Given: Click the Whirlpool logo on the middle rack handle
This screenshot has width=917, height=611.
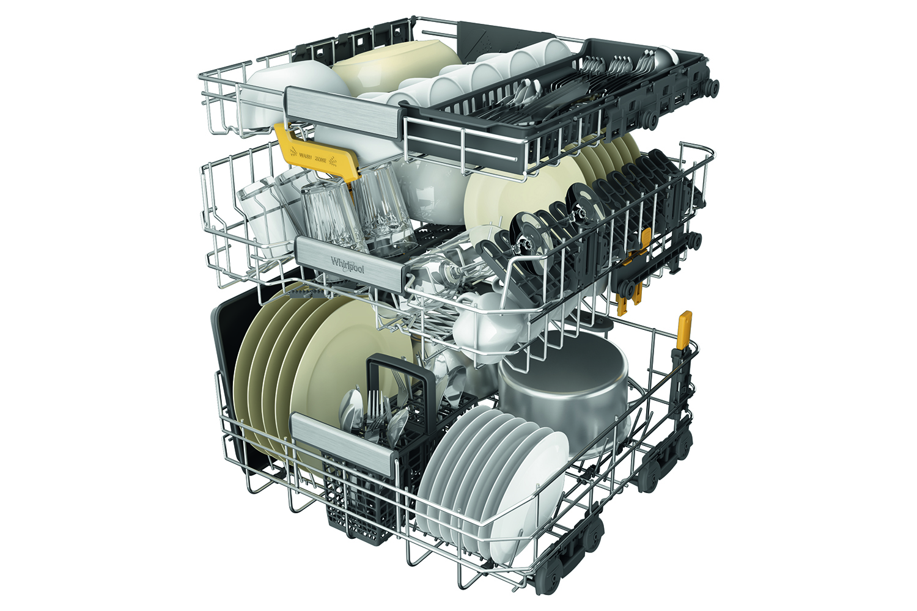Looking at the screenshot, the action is [347, 265].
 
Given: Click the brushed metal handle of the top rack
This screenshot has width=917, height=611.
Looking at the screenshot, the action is [343, 111].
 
